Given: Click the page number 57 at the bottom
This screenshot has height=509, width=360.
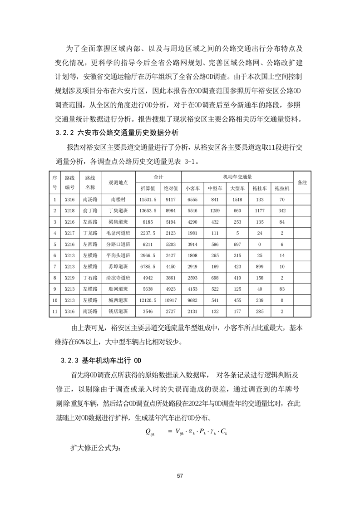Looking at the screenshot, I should pyautogui.click(x=180, y=476).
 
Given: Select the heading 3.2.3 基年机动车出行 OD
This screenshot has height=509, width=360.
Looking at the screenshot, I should pyautogui.click(x=102, y=361).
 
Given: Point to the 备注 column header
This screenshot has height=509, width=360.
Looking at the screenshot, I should pyautogui.click(x=302, y=182).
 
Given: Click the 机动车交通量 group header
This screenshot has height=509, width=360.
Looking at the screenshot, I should pyautogui.click(x=237, y=176).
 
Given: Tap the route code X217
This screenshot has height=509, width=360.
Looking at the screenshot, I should pyautogui.click(x=69, y=233).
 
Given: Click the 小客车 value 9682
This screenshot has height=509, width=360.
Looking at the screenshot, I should pyautogui.click(x=193, y=300).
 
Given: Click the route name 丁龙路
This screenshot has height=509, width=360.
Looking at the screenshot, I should pyautogui.click(x=90, y=233).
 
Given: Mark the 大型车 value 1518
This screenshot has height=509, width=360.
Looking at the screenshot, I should pyautogui.click(x=237, y=199).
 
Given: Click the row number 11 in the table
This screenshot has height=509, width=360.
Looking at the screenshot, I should pyautogui.click(x=54, y=312).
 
